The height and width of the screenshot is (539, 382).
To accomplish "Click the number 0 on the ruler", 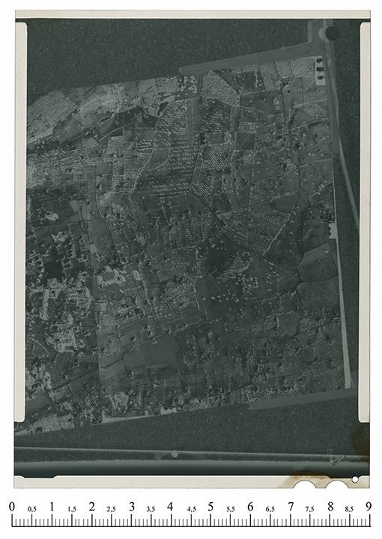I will coord(12,506).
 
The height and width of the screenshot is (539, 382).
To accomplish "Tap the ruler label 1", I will coord(52,506).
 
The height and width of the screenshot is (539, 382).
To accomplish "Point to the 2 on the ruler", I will coord(91,506).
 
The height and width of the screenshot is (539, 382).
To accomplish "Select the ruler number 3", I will coord(131,506).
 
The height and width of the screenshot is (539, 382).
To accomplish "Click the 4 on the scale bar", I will coord(171,506).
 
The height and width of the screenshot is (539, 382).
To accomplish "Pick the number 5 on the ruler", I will coord(210,506).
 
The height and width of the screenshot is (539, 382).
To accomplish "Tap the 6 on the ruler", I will coord(250,506).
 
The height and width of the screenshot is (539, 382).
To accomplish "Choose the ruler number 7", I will coord(290,506).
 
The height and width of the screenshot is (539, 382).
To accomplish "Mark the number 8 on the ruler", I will coord(330,506).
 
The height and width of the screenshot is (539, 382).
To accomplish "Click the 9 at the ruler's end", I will coord(369,506).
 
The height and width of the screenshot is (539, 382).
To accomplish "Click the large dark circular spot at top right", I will coord(331,33).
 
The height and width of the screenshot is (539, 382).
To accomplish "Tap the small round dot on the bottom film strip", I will coord(175,454).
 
